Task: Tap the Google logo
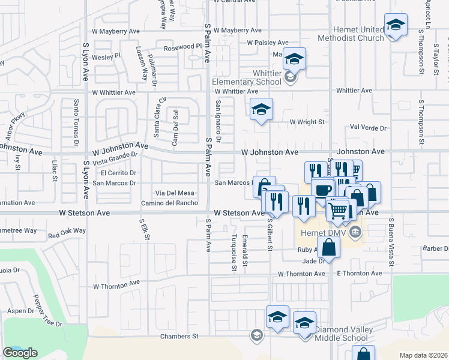pos(20,353)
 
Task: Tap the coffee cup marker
pos(323,190)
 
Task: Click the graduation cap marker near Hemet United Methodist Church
pos(396,25)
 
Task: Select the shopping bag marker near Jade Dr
pos(330,247)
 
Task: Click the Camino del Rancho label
pos(170,203)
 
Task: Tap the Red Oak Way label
pos(67,231)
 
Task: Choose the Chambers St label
pos(179,337)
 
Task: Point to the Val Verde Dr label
pos(369,128)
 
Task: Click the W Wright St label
pos(307,122)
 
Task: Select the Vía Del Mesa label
pos(175,193)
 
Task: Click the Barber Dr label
pos(436,248)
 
